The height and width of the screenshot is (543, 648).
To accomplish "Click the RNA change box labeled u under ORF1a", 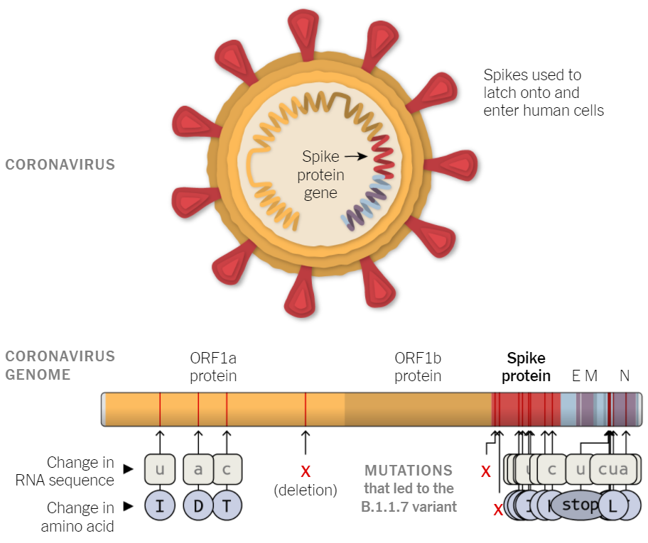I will (160, 468).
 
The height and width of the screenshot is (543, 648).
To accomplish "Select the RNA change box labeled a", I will (198, 468).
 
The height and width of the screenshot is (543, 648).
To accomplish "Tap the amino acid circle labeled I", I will (160, 506).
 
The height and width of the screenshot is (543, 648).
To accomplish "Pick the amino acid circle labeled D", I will (198, 506).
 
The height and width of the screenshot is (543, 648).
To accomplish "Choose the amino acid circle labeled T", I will (227, 506).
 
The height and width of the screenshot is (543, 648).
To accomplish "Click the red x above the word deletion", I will (306, 471).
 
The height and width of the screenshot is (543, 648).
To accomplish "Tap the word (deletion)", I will (306, 490).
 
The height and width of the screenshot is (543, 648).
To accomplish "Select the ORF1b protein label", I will (418, 366).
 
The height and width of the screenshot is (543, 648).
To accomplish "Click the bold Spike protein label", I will (526, 367).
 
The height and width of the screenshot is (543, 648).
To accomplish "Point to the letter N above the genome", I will (625, 375).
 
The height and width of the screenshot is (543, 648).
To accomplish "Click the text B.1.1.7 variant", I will (409, 507).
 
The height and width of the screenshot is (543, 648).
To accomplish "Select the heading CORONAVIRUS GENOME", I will (60, 365).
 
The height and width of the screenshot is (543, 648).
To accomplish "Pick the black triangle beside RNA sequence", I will (128, 468).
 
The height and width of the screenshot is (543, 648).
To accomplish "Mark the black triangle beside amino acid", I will (128, 506).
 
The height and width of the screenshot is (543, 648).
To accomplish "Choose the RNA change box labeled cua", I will (613, 468).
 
